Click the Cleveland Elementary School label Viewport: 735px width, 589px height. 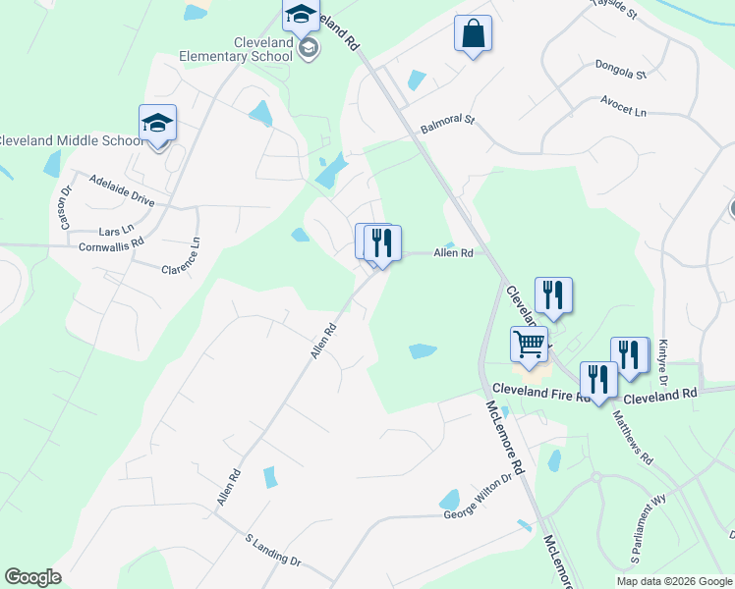(236, 49)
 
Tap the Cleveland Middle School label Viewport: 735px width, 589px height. (71, 140)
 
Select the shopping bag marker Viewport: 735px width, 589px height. (473, 34)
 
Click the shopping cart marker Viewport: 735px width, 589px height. (529, 346)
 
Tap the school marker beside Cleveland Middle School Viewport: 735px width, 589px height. (157, 125)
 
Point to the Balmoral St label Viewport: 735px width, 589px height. (447, 124)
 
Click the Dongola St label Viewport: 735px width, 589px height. (620, 72)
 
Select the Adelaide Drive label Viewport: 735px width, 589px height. (122, 189)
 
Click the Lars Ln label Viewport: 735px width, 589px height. (116, 230)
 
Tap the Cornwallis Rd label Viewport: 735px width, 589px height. (111, 242)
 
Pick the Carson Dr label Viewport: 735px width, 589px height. (66, 208)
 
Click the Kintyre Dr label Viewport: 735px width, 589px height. (663, 360)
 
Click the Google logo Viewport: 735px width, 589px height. (33, 577)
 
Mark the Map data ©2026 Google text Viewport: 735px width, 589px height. (673, 580)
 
